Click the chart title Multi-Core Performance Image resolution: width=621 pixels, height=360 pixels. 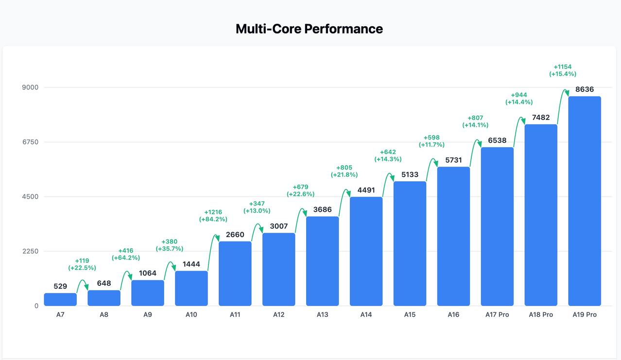click(309, 29)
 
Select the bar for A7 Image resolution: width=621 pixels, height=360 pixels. click(60, 299)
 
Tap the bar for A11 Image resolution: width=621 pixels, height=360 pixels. click(235, 274)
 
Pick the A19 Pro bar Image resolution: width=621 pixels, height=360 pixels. click(585, 201)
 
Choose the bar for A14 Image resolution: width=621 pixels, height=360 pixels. click(366, 251)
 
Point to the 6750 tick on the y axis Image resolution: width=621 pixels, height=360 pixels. click(29, 142)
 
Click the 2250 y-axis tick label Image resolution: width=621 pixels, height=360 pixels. click(29, 251)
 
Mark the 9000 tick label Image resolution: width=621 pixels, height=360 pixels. click(29, 87)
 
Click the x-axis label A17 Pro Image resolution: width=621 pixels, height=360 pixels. click(497, 315)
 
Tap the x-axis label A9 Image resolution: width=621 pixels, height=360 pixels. click(148, 315)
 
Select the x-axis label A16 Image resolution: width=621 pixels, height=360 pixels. click(453, 315)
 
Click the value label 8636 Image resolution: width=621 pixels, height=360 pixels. click(585, 89)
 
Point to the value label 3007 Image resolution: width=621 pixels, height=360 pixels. click(278, 226)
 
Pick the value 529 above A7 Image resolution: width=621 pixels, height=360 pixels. click(60, 286)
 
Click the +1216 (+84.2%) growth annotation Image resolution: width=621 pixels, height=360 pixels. click(213, 216)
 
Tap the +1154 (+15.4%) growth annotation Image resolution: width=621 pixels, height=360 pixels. click(563, 70)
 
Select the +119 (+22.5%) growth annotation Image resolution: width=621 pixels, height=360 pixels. click(82, 264)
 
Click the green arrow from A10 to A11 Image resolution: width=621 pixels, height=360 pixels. click(212, 250)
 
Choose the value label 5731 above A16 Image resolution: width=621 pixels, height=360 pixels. click(453, 160)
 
